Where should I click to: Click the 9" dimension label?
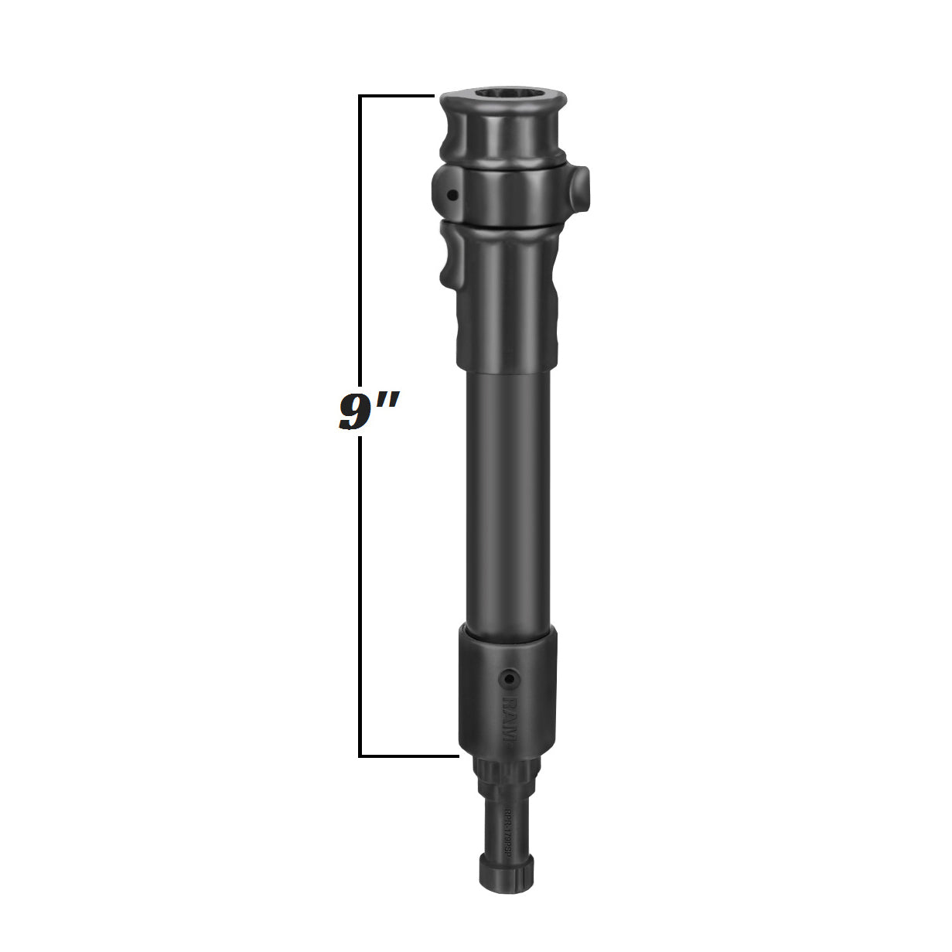coord(369,411)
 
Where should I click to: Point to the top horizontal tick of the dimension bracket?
coord(396,96)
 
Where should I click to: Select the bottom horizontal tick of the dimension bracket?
coord(408,755)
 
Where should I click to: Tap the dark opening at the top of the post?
coord(503,96)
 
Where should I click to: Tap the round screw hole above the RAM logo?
coord(508,677)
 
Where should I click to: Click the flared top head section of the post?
coord(503,128)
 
